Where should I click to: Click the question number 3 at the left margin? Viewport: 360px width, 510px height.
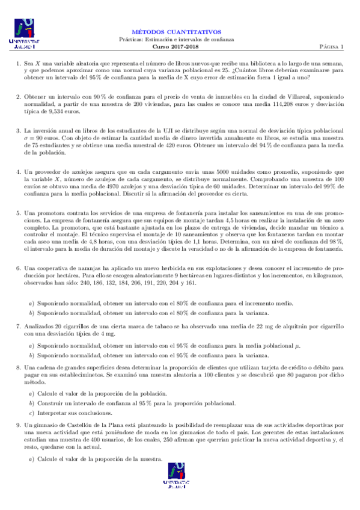pos(18,130)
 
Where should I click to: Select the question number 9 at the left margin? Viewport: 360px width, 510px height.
pos(18,425)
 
